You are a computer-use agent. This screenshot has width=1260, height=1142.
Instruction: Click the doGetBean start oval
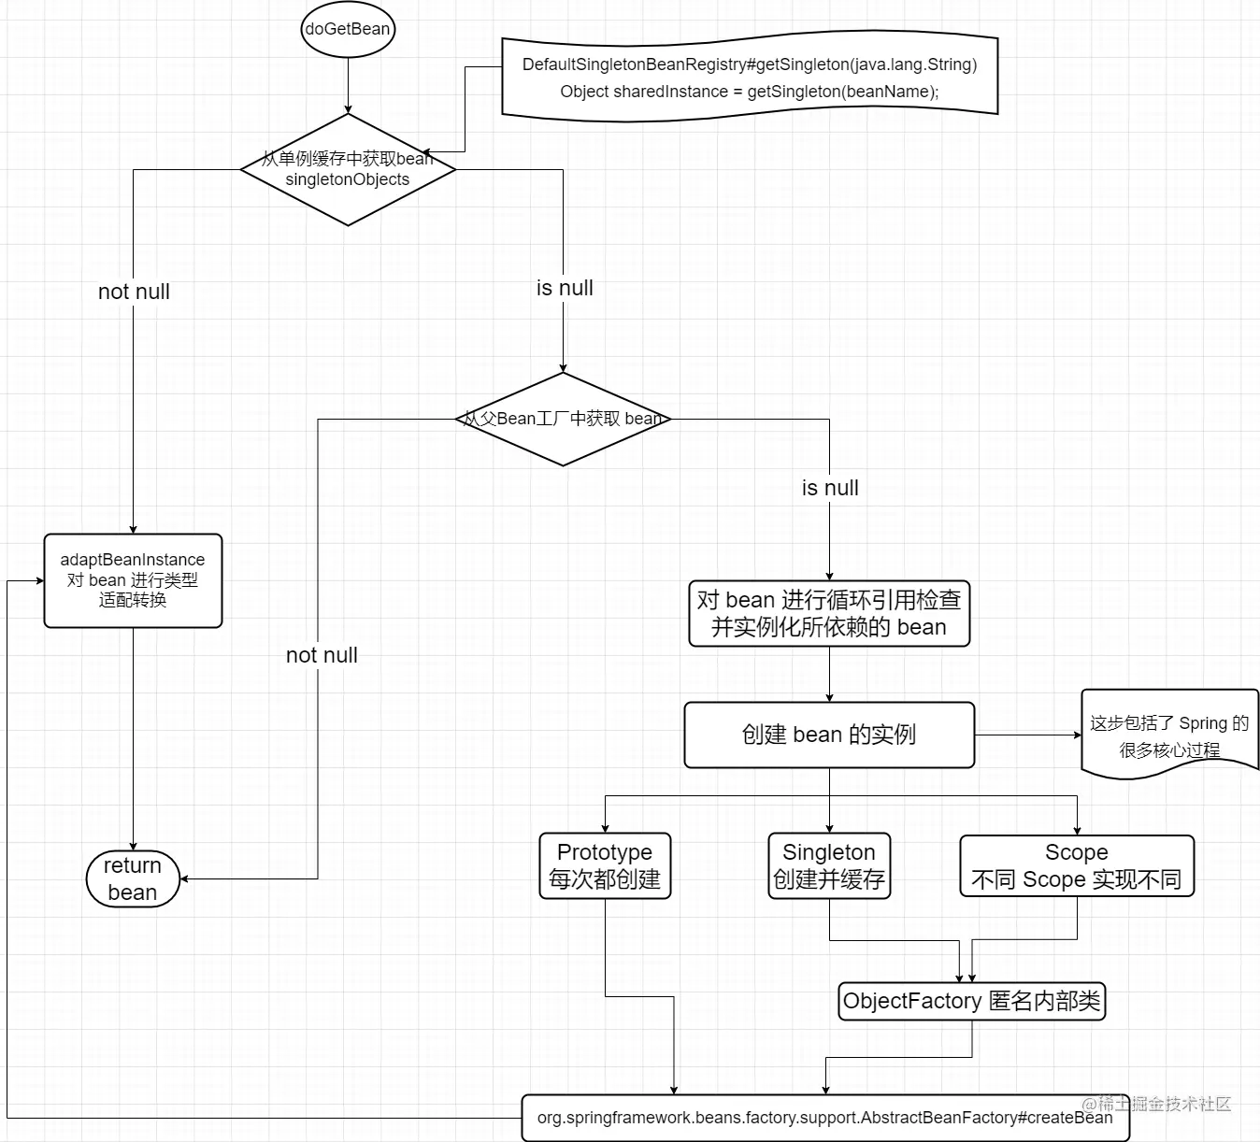click(x=348, y=29)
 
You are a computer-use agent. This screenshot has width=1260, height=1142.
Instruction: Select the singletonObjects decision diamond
click(x=348, y=170)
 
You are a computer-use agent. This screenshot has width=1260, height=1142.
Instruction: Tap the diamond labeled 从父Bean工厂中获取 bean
click(x=563, y=419)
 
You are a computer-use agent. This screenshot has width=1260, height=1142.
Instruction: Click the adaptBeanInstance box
click(x=133, y=580)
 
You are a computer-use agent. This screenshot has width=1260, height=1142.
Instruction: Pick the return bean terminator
click(x=133, y=878)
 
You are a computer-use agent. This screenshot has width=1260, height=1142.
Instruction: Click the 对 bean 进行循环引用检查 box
click(x=829, y=613)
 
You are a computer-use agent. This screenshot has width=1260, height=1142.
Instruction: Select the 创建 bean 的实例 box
click(x=829, y=735)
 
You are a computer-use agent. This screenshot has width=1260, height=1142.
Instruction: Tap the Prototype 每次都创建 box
click(x=605, y=865)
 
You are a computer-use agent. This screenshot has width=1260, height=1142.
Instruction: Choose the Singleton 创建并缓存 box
click(x=829, y=865)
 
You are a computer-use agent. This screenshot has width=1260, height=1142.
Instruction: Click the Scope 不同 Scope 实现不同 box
click(x=1077, y=865)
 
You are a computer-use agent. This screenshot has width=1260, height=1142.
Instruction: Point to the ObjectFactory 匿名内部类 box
click(x=971, y=1001)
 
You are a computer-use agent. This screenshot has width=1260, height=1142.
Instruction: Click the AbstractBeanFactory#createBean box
click(x=824, y=1118)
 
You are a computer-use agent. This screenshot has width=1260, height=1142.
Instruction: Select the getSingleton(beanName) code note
click(x=750, y=78)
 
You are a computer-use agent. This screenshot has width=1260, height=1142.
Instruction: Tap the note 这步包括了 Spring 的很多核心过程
click(x=1169, y=735)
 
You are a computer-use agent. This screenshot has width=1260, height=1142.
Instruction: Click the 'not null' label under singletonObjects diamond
click(x=134, y=292)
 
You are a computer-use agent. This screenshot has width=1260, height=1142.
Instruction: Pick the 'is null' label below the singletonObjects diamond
click(x=565, y=288)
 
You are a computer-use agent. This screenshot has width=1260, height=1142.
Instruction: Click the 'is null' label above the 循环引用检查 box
click(x=830, y=488)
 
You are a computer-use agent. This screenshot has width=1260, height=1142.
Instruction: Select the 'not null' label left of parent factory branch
click(x=322, y=655)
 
